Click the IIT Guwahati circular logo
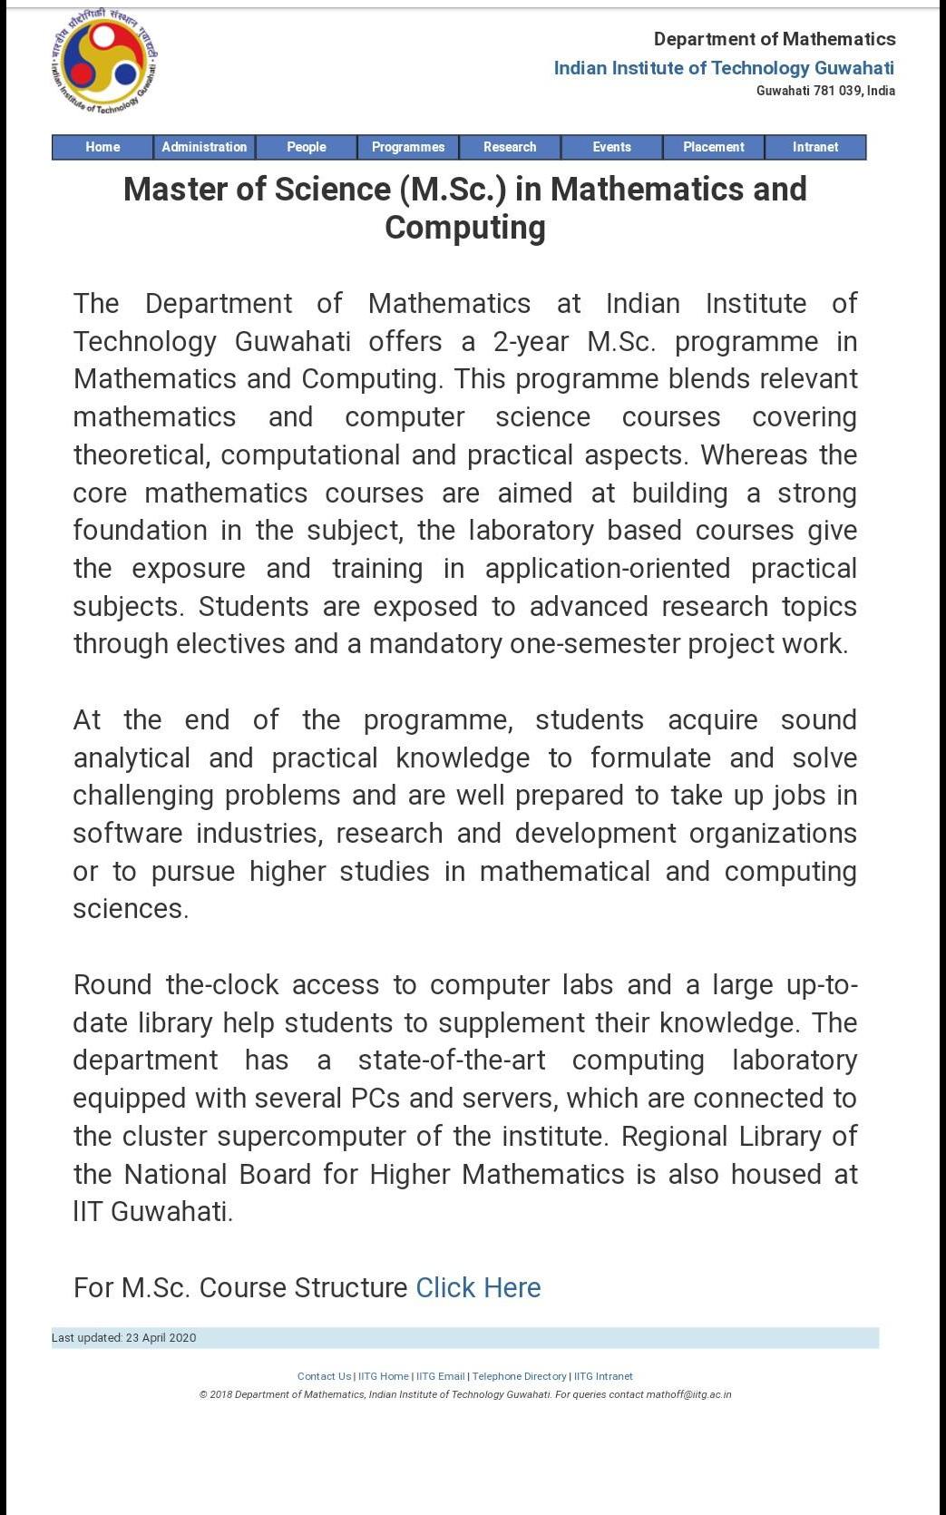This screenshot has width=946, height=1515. (104, 62)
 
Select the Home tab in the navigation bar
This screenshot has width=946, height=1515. (102, 147)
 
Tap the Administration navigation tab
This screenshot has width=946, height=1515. (204, 147)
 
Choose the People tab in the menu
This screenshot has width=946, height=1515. (307, 147)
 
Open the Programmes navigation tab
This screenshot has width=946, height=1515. (408, 147)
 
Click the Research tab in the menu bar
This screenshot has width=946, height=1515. (510, 147)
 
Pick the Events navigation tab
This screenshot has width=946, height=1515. (612, 147)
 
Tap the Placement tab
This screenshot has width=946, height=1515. (714, 147)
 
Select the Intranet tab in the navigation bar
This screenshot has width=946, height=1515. (815, 147)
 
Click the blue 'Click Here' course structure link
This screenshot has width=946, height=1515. (478, 1287)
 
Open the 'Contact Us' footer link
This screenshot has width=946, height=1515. (324, 1376)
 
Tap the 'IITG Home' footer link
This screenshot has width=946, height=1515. (384, 1376)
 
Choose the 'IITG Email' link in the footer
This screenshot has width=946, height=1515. (440, 1376)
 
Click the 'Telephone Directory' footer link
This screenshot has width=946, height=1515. (519, 1376)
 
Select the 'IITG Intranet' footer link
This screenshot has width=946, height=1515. (603, 1376)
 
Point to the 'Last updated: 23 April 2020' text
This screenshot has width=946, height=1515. (124, 1338)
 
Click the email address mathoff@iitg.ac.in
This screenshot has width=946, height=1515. (688, 1394)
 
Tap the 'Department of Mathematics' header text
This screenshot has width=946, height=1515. (775, 39)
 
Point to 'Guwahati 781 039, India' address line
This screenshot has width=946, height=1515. (825, 91)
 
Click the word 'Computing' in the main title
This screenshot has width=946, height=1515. (465, 227)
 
